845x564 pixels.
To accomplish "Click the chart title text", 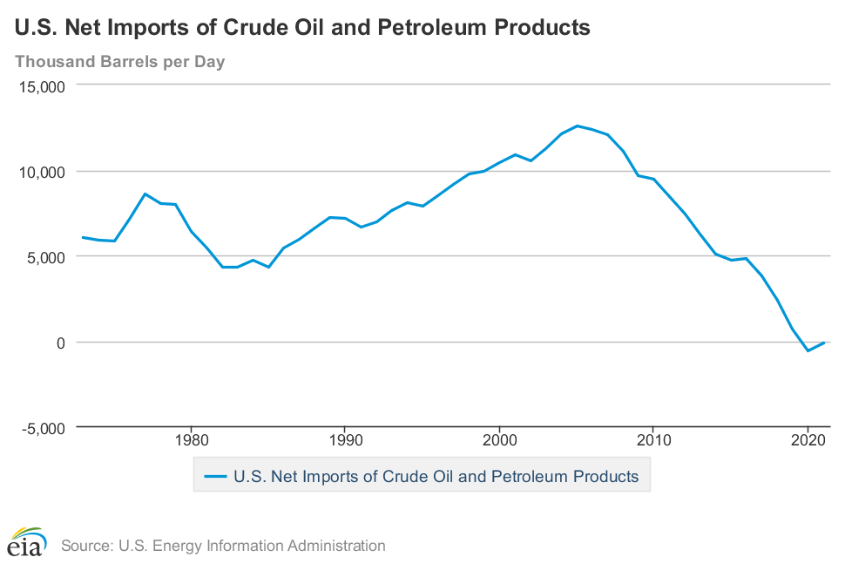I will pos(302,28).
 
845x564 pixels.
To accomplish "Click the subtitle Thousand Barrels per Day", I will pos(120,62).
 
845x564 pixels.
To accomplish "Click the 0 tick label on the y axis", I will pos(62,343).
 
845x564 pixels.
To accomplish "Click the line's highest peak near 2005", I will pos(577,126).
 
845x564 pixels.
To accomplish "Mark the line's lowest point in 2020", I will pos(808,350).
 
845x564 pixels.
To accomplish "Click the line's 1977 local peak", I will pos(145,194).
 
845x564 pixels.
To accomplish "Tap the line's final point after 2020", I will pos(823,343).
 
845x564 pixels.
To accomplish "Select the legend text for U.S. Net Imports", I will pos(436,477).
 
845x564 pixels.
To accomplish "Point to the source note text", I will pos(223,547).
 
